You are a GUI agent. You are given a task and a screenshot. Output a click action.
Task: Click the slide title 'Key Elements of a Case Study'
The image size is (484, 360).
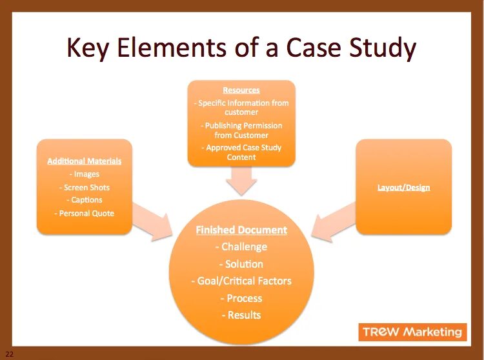click(241, 49)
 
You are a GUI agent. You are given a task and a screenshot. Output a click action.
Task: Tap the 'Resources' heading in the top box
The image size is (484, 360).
click(241, 90)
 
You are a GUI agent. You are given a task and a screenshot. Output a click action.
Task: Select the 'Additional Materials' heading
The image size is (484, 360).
click(84, 161)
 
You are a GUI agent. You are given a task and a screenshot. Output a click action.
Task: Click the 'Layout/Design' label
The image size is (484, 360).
click(403, 188)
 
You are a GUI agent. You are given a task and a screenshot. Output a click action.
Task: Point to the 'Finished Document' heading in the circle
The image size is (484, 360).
click(241, 230)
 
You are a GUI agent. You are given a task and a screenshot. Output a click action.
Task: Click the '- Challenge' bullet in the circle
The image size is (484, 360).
click(241, 246)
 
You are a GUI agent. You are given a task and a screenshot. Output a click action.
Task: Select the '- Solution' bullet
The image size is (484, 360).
click(241, 264)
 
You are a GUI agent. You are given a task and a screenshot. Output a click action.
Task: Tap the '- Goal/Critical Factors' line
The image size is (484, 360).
click(241, 281)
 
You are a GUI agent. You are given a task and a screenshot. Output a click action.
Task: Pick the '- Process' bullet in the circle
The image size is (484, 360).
click(241, 298)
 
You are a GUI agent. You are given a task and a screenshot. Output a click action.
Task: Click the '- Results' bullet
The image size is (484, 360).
click(241, 315)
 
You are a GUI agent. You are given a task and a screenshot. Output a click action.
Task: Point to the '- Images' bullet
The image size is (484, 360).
click(84, 174)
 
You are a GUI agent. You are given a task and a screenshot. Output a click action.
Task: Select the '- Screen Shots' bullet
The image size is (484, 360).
click(84, 187)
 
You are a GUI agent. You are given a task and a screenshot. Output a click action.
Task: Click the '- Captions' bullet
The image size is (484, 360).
click(84, 200)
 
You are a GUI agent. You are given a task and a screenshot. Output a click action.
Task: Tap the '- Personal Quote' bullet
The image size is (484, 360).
click(84, 213)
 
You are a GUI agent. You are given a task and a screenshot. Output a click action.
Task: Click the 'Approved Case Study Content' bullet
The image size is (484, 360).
click(241, 152)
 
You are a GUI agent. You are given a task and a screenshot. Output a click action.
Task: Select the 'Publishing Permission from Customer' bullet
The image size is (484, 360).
click(241, 130)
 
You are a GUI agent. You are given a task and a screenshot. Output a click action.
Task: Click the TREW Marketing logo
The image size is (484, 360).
click(412, 332)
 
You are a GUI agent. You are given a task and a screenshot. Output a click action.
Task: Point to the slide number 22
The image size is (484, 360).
click(9, 354)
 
